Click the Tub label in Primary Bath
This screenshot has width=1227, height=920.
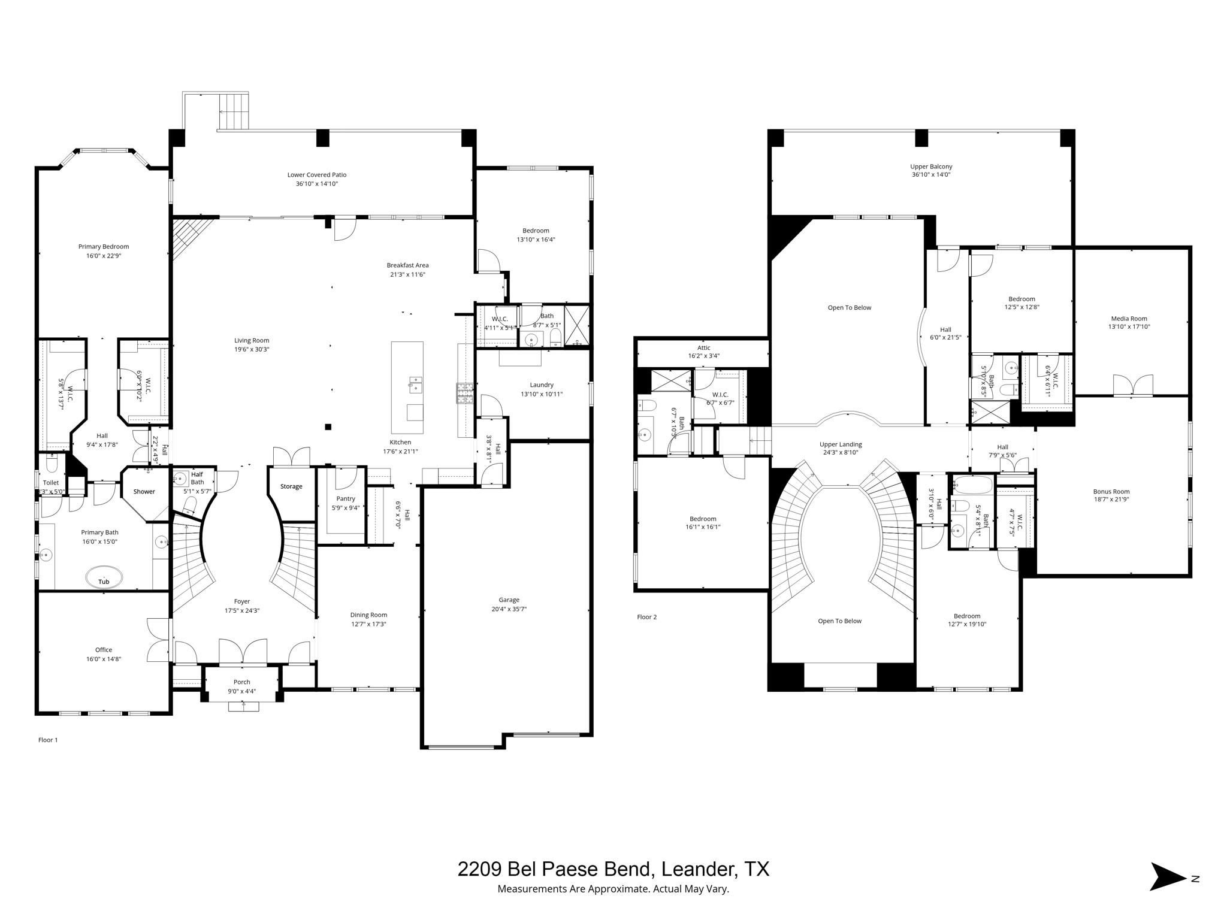tap(104, 582)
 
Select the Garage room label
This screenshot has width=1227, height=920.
tap(509, 600)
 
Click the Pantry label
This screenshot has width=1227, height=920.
tap(346, 498)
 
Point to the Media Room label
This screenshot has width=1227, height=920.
tap(1129, 319)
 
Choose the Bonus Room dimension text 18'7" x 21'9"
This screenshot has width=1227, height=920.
tap(1111, 500)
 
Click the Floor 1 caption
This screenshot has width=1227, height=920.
tap(48, 740)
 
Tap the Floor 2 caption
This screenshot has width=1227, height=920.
tap(646, 617)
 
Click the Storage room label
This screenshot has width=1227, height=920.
tap(291, 486)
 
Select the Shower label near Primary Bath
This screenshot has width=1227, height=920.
tap(144, 491)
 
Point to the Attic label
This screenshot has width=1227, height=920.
tap(703, 347)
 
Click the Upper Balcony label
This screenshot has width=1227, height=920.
tap(931, 167)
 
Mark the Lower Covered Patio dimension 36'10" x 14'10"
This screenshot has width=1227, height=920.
tap(317, 184)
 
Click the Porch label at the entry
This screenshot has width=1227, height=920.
tap(241, 682)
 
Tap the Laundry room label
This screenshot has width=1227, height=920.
tap(542, 385)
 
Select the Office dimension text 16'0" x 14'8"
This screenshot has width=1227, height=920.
tap(104, 659)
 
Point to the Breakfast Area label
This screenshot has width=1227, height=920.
tap(407, 265)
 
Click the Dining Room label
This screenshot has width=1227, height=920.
tap(368, 615)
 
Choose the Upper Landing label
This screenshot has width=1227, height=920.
tap(841, 444)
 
